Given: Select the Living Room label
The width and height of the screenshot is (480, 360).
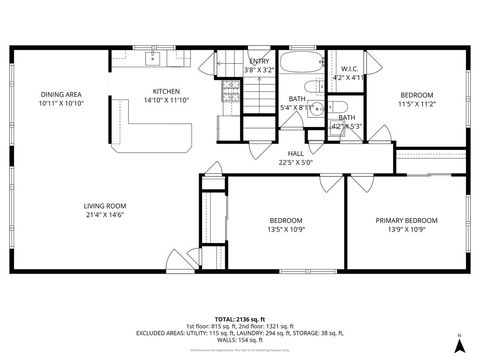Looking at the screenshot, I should pyautogui.click(x=104, y=206).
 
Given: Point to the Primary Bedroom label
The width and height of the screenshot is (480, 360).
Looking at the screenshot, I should pyautogui.click(x=406, y=220).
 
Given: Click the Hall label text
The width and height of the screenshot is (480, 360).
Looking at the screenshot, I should pyautogui.click(x=296, y=153).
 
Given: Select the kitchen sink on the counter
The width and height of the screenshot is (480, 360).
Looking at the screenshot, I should pyautogui.click(x=155, y=59).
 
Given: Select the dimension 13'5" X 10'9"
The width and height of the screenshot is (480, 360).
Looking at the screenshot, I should pyautogui.click(x=285, y=229).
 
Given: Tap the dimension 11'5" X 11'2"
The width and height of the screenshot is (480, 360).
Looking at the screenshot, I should pyautogui.click(x=418, y=103).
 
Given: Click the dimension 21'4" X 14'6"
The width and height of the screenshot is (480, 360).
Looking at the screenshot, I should pyautogui.click(x=104, y=215).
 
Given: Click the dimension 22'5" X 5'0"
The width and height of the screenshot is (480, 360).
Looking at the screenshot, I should pyautogui.click(x=296, y=162).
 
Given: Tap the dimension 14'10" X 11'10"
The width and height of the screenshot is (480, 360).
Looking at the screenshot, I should pyautogui.click(x=165, y=99).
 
